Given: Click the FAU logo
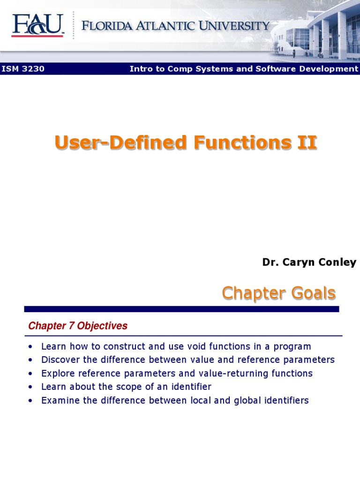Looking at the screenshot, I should (37, 25).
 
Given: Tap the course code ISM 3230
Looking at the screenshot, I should (23, 69).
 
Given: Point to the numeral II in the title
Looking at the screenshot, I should (307, 142).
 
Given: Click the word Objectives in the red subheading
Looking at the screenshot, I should (102, 326).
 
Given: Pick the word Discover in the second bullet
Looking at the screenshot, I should (59, 360).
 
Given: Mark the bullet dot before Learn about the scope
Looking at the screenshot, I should (30, 387).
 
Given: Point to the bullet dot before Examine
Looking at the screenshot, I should (30, 401).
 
